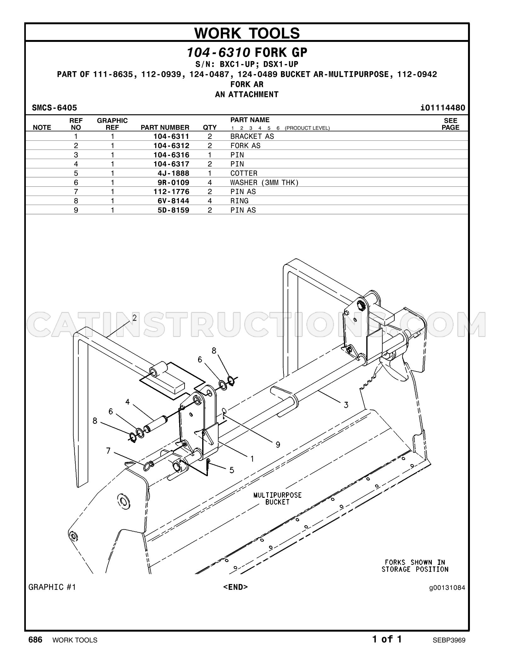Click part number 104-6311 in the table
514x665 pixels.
coord(171,136)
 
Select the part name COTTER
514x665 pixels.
coord(244,173)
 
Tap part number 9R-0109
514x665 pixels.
coord(174,183)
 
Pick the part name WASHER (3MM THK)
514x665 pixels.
coord(264,183)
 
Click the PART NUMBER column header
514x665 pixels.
coord(165,128)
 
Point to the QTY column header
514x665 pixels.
coord(210,128)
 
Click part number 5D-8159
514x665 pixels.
coord(174,210)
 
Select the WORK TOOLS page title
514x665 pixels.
coord(247,33)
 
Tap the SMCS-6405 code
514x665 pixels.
coord(54,108)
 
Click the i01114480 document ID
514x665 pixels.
coord(443,108)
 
